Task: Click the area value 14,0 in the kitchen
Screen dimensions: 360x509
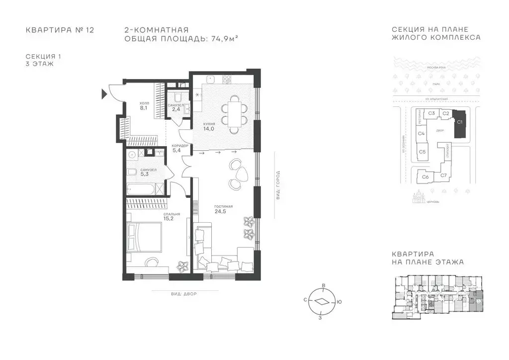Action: pos(208,128)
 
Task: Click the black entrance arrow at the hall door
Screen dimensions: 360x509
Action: pos(104,93)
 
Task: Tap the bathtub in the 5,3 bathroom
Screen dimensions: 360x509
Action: pos(142,189)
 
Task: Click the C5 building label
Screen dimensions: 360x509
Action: pos(422,152)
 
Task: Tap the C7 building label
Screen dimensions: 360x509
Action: pos(443,175)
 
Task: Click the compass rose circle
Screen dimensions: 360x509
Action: pos(322,301)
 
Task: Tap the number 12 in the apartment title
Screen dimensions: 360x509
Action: pos(89,30)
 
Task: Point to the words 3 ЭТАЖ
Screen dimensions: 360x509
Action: pos(39,64)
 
